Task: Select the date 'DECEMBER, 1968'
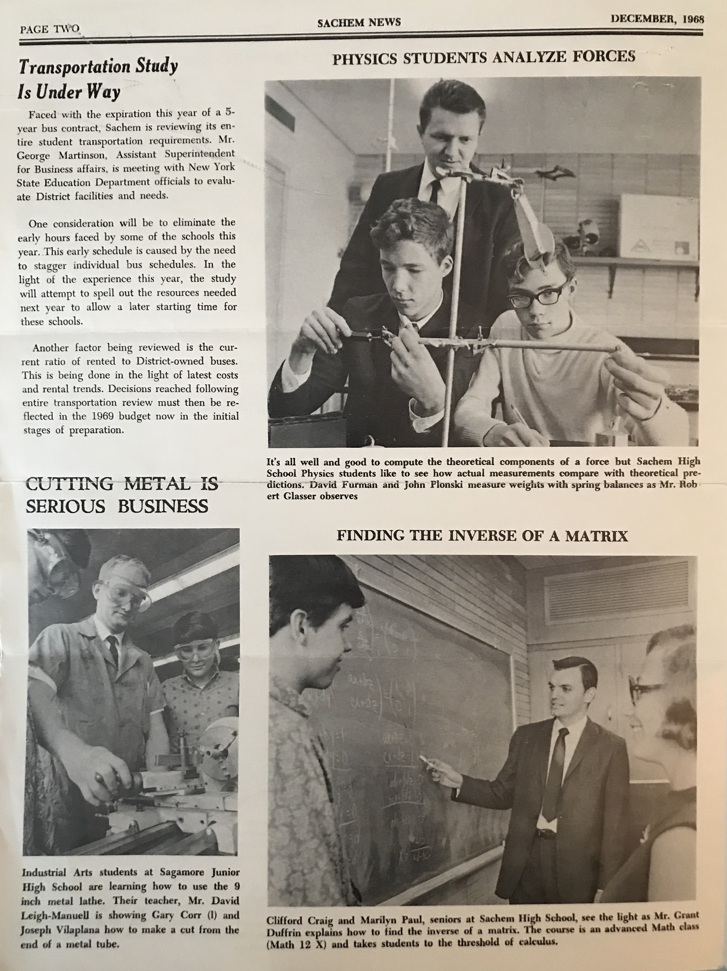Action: tap(657, 19)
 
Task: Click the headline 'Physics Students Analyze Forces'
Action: tap(483, 58)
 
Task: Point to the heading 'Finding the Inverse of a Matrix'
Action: tap(482, 536)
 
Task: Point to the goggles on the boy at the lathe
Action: tap(195, 652)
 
